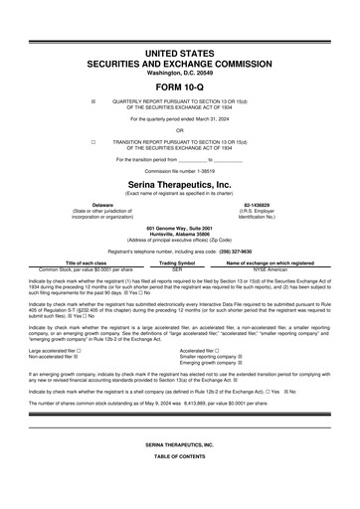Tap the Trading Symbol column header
177,262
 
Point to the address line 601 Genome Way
179,228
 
